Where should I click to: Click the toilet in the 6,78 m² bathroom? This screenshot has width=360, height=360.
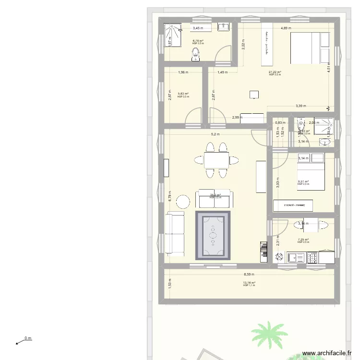click(x=195, y=57)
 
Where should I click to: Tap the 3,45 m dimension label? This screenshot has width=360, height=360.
click(x=198, y=28)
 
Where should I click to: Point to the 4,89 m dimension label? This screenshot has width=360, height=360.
click(x=286, y=28)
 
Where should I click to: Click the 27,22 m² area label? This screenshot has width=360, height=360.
click(x=275, y=72)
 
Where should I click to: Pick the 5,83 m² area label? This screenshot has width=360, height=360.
click(x=183, y=94)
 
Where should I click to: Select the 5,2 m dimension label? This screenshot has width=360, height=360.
click(x=215, y=134)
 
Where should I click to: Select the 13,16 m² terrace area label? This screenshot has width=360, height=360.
click(x=249, y=283)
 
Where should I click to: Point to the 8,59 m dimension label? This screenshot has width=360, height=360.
click(x=249, y=275)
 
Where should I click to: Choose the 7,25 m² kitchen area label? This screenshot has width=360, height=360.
click(x=303, y=240)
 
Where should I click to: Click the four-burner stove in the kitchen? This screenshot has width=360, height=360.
click(x=312, y=258)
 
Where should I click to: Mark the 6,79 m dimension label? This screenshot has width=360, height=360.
click(x=170, y=196)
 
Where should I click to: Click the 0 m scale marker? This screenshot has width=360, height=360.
click(x=28, y=338)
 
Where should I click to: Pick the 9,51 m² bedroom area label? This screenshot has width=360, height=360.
click(x=303, y=181)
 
